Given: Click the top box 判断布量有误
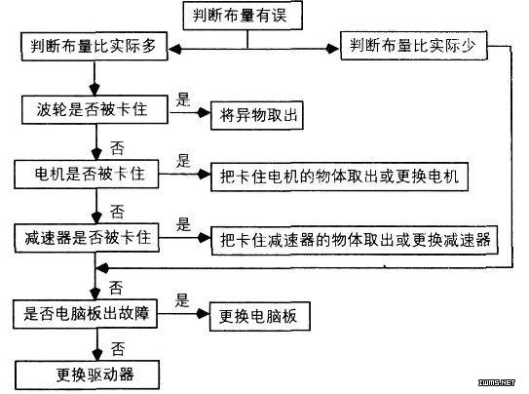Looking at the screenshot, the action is pos(243,16).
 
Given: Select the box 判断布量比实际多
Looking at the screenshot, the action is pos(94,46).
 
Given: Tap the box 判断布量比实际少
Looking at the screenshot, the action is pos(414,46).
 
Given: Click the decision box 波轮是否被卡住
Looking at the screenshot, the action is pos(94,110).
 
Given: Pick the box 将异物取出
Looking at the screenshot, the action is pos(257,115).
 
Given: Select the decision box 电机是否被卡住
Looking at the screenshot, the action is pos(87,175).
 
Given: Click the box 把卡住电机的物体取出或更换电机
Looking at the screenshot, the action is pos(339,177).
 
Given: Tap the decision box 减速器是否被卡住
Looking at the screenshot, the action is pos(87,238).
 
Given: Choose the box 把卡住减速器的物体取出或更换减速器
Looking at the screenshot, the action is pos(355,240).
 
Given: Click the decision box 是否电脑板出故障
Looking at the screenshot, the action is pos(86,314).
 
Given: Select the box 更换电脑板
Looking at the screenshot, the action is pos(260,316).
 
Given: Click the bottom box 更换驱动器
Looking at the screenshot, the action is pos(88,374).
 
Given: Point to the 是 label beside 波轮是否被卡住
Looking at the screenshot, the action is pos(183,98).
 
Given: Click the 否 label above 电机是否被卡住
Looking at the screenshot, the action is pos(117,148).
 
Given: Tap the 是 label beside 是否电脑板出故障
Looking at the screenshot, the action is pos(182,300).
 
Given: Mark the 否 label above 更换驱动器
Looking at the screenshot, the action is pos(118,349).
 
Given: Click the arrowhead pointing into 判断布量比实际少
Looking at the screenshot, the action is pos(333,49).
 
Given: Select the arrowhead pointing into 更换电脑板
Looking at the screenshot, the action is pos(203,314).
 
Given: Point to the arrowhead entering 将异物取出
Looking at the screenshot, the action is pos(205,112).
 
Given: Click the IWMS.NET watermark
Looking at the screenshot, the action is pos(497,382).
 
